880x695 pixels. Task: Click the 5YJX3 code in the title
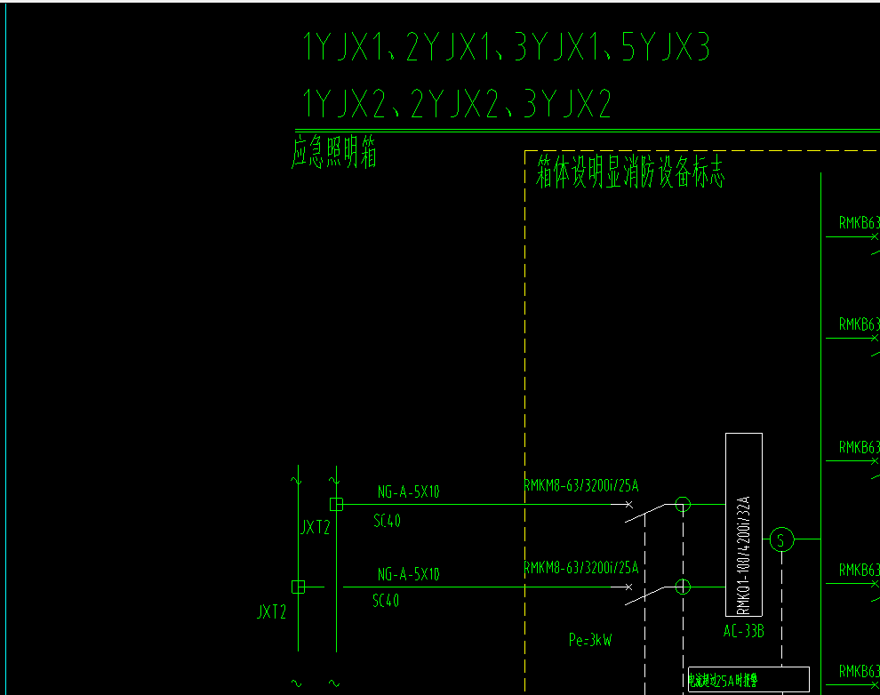(x=665, y=48)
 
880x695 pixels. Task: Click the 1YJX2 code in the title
(x=345, y=105)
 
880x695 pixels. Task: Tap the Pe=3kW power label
(x=590, y=639)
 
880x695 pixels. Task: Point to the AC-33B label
(x=744, y=632)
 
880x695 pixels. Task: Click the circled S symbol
(x=780, y=539)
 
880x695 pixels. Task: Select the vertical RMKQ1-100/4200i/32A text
(x=744, y=555)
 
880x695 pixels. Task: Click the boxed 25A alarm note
(x=748, y=680)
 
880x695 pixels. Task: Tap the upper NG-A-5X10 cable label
(x=408, y=491)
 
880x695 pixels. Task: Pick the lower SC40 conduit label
(x=386, y=601)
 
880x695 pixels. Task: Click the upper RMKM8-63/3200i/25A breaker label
(x=581, y=485)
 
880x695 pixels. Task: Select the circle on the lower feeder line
(x=683, y=587)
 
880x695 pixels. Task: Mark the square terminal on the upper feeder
(x=336, y=504)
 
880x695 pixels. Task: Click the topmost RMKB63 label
(x=859, y=223)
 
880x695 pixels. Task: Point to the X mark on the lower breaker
(x=629, y=587)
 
